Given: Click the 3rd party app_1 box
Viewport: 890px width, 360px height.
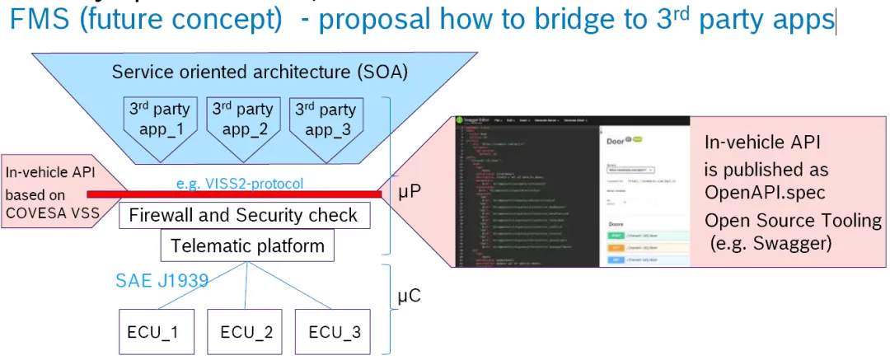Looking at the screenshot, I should (159, 120).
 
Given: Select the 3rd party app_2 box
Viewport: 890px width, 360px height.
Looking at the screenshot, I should (242, 120).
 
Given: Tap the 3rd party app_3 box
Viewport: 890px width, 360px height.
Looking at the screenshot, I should (326, 120).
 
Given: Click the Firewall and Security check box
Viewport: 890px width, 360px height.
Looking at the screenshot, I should (244, 216).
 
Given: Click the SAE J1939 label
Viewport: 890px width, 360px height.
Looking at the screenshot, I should (161, 281).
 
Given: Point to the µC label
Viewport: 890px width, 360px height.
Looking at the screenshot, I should (410, 294).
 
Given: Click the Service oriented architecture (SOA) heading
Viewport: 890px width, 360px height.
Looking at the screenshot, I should (260, 72).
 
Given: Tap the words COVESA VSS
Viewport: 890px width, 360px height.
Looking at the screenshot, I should (46, 212).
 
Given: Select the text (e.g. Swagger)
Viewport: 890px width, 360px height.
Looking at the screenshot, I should (771, 244).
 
